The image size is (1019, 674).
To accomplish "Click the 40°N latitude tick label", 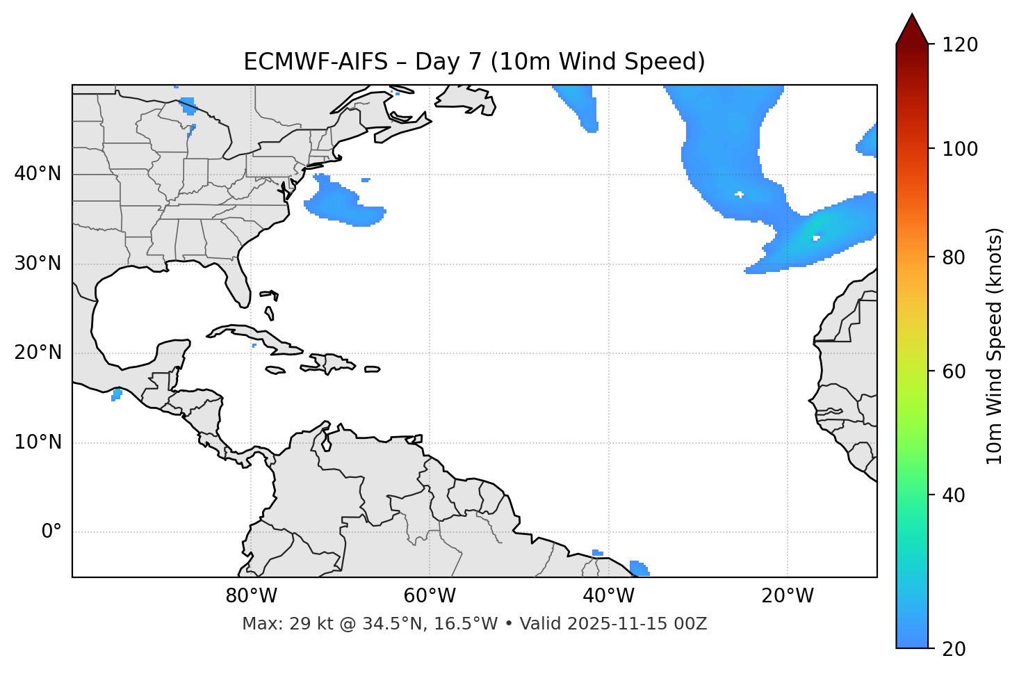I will point(38,174).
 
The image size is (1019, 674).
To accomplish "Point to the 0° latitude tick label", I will point(51,532).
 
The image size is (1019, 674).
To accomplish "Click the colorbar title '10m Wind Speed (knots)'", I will point(995,346).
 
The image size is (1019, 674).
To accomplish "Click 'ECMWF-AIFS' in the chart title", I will point(316,62).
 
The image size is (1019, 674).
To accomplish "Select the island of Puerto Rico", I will point(372,369).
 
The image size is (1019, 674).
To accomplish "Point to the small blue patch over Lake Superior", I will point(188,106).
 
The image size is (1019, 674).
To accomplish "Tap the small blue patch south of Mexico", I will point(117,394).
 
